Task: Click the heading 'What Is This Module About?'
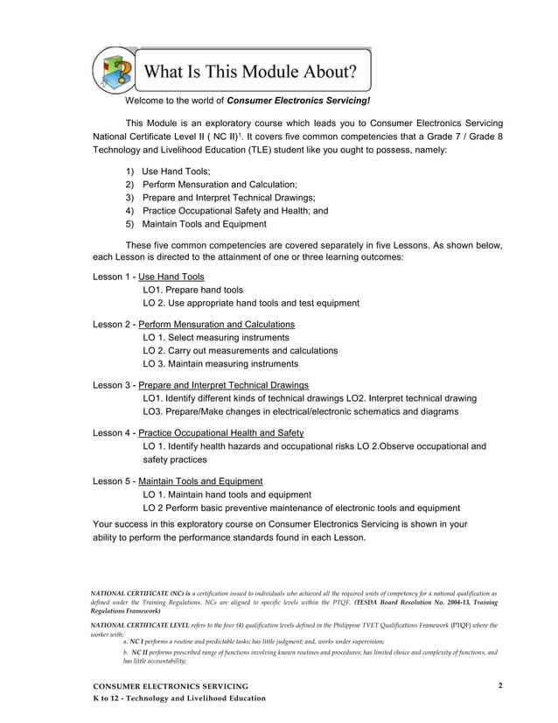tap(250, 70)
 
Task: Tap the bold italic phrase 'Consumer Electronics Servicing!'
tap(298, 101)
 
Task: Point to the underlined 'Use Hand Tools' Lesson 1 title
tap(171, 277)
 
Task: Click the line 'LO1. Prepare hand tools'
tap(192, 290)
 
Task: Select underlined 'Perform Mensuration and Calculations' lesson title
tap(217, 325)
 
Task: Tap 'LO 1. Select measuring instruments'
tap(215, 338)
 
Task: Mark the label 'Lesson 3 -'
tap(114, 385)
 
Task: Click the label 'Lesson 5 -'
tap(114, 481)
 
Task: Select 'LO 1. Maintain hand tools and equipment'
tap(227, 494)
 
